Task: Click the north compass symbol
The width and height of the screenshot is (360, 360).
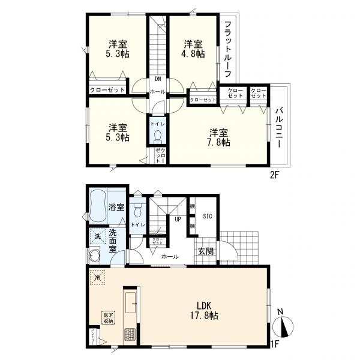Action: [283, 326]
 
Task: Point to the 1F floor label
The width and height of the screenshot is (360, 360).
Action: [275, 344]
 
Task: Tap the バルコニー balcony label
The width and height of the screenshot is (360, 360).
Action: [280, 128]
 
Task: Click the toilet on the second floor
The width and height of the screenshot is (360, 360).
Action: [157, 134]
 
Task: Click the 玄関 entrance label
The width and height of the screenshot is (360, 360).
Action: [206, 251]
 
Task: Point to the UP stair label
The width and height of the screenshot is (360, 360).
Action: [178, 220]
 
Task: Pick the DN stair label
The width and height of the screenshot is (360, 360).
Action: [158, 79]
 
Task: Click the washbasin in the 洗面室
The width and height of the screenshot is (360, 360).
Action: [94, 257]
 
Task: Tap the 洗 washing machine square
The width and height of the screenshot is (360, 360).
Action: [97, 236]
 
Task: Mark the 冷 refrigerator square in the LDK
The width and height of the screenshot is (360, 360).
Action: [98, 277]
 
